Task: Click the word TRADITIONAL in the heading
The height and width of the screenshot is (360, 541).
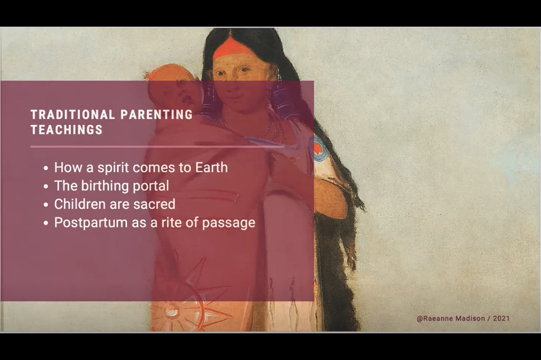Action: tap(73, 115)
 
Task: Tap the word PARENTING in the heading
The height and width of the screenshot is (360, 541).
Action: tap(157, 115)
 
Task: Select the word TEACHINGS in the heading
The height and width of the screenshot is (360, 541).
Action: tap(67, 130)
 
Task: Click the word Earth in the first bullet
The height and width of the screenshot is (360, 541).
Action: tap(211, 167)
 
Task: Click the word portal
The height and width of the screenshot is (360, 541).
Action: tap(151, 186)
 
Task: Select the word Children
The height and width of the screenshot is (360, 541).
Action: tap(80, 204)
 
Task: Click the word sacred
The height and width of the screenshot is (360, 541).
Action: tap(154, 204)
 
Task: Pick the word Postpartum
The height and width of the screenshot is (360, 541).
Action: tap(91, 222)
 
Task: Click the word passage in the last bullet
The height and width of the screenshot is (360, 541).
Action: tap(229, 223)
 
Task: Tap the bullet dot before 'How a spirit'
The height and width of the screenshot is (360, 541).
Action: tap(46, 168)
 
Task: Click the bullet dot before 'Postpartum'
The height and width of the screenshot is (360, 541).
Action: tap(46, 223)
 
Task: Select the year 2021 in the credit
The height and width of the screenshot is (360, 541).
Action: tap(501, 319)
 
